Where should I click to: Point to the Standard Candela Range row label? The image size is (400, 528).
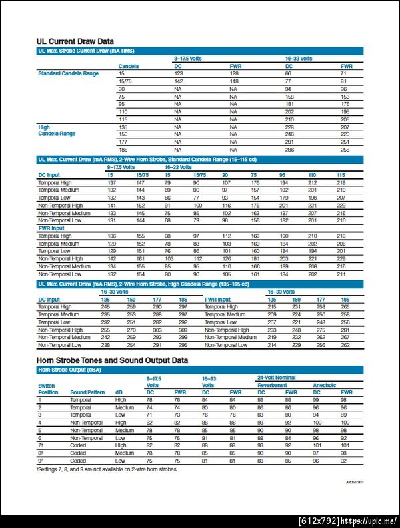[68, 74]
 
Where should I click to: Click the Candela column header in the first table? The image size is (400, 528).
[129, 67]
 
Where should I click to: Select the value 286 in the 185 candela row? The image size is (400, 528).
[289, 149]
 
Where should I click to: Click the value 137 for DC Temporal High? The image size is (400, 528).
[111, 182]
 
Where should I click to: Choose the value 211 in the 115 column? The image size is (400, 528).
[341, 274]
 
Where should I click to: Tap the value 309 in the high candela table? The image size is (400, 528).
[183, 330]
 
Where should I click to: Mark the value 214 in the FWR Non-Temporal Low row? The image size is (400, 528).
[271, 345]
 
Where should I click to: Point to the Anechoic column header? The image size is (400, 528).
[325, 385]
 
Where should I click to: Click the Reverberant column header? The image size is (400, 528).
[273, 385]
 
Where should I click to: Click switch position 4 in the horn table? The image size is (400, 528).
[40, 423]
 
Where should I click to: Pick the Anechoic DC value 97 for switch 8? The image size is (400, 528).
[316, 453]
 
